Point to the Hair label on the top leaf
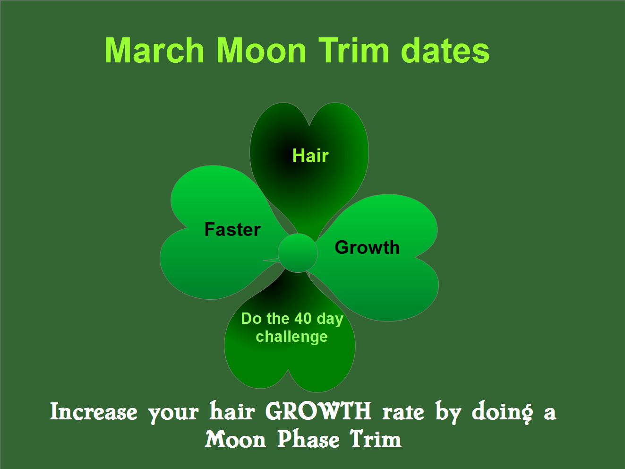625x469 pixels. click(x=310, y=156)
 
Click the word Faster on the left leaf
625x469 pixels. click(x=232, y=230)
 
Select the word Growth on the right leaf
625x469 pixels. click(x=367, y=248)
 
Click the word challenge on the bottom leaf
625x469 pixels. click(x=291, y=337)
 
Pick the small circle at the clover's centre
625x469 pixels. click(x=298, y=253)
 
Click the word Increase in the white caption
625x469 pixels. click(x=94, y=412)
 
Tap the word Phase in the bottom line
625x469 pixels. click(x=308, y=440)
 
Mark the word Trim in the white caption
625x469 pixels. click(x=376, y=440)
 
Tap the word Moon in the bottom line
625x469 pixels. click(x=236, y=440)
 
